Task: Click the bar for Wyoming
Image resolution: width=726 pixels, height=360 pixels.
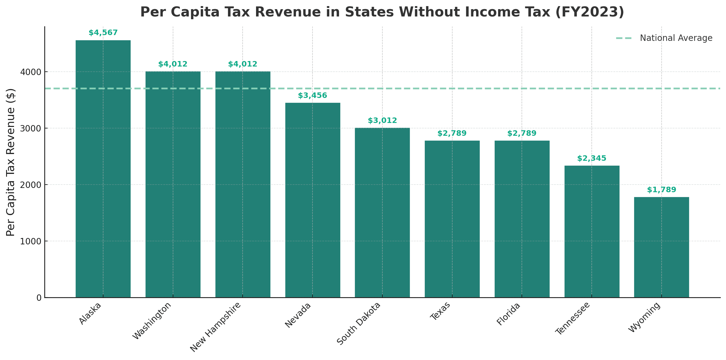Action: pyautogui.click(x=661, y=247)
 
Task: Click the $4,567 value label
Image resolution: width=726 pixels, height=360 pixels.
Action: pyautogui.click(x=103, y=33)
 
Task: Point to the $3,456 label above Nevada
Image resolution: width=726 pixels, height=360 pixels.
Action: pyautogui.click(x=312, y=96)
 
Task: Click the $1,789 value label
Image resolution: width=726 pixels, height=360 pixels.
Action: pyautogui.click(x=661, y=190)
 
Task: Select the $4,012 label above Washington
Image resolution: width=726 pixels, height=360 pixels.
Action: pyautogui.click(x=173, y=64)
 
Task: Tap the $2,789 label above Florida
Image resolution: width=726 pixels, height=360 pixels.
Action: pyautogui.click(x=522, y=134)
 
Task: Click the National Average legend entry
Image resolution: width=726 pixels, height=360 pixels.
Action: pyautogui.click(x=676, y=38)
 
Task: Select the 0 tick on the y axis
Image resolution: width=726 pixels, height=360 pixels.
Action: pyautogui.click(x=39, y=298)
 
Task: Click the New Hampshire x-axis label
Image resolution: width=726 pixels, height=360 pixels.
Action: pyautogui.click(x=216, y=327)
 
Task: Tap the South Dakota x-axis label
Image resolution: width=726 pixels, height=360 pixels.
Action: pyautogui.click(x=359, y=323)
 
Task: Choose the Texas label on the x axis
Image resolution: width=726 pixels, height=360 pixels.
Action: pyautogui.click(x=440, y=311)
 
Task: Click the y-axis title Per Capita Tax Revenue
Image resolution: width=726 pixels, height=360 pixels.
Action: pyautogui.click(x=11, y=162)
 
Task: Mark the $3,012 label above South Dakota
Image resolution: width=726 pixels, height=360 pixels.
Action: pyautogui.click(x=382, y=121)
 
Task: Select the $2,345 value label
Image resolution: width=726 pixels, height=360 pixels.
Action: pyautogui.click(x=592, y=159)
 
